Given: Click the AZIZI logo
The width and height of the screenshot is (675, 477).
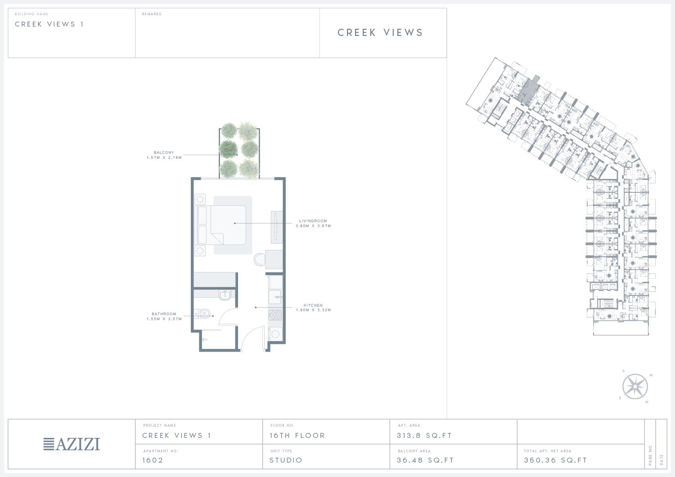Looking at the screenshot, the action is (72, 444).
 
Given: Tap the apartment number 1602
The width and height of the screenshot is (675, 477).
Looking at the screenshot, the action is (153, 460).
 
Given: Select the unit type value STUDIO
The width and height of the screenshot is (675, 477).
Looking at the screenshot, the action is (286, 460).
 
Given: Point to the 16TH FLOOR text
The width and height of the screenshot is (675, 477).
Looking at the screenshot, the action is (297, 436).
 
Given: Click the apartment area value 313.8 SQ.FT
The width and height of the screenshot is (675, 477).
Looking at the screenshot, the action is (424, 436).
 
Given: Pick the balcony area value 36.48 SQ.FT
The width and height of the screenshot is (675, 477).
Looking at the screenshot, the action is (425, 460).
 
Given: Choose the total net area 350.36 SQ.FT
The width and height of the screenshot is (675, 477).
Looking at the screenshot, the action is (555, 460).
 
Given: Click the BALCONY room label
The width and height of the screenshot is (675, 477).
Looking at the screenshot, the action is (164, 153).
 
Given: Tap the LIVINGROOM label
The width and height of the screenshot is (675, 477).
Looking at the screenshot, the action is (313, 221).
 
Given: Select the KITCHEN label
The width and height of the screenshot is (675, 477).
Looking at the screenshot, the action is (313, 305).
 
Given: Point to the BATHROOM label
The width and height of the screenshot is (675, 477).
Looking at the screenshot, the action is (164, 314).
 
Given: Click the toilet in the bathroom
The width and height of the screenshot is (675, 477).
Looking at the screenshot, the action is (202, 314).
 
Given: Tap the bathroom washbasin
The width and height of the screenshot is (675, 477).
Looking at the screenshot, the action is (225, 295).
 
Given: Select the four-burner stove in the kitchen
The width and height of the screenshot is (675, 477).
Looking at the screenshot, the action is (275, 315).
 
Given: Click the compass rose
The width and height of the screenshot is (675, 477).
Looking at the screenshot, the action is (635, 387).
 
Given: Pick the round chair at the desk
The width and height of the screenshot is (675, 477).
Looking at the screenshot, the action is (259, 259).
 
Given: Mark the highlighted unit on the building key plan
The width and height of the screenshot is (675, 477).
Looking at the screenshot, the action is (528, 90).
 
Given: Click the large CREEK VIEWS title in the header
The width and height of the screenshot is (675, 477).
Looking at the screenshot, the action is (380, 32).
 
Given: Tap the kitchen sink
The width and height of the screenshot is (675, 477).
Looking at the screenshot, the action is (275, 297).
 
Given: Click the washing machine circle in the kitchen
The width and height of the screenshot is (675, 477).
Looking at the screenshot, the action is (275, 334).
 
